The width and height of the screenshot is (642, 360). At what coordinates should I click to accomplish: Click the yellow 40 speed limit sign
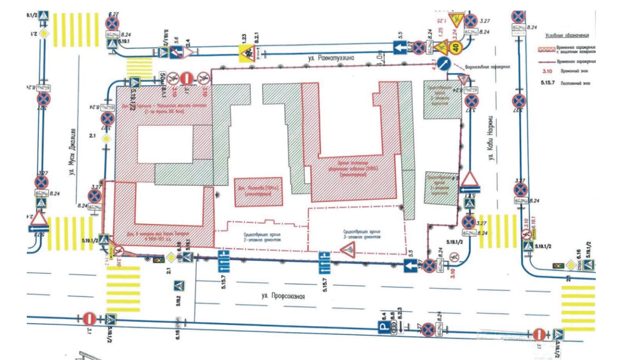coord(455,48)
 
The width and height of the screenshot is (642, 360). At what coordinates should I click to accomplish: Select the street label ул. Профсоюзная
coord(283,296)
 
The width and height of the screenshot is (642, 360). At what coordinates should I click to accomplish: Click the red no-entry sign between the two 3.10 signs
coord(187,77)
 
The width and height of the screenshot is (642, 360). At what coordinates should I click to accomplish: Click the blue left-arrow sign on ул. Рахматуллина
coord(399,48)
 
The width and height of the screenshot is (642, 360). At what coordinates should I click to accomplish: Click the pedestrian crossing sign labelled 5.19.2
coord(178,286)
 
